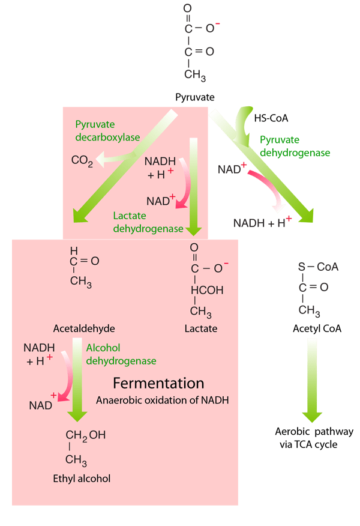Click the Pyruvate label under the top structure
pyautogui.click(x=195, y=97)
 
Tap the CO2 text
pyautogui.click(x=82, y=161)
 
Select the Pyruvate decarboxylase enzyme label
pyautogui.click(x=107, y=131)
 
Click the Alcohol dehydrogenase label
pyautogui.click(x=121, y=354)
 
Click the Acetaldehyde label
pyautogui.click(x=83, y=328)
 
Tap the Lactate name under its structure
pyautogui.click(x=201, y=328)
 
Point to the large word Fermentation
pyautogui.click(x=159, y=383)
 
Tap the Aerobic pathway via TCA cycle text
pyautogui.click(x=314, y=438)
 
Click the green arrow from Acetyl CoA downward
pyautogui.click(x=313, y=378)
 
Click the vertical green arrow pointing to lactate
pyautogui.click(x=193, y=186)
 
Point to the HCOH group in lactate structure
pyautogui.click(x=207, y=290)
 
